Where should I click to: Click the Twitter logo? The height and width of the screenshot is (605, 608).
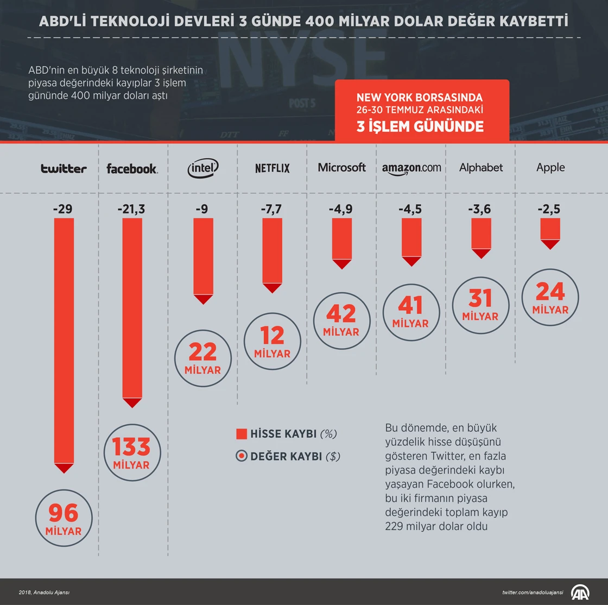[x=64, y=168]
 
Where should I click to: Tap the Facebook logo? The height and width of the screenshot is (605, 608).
[x=132, y=168]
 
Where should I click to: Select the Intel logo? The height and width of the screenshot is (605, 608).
[x=203, y=168]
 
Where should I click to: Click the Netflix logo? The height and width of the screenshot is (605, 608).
[x=273, y=168]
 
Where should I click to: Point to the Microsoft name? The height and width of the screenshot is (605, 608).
[x=342, y=167]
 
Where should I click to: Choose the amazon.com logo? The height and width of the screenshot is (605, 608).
[x=411, y=168]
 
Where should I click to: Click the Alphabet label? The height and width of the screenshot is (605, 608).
[x=481, y=167]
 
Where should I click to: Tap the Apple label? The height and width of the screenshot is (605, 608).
[x=550, y=167]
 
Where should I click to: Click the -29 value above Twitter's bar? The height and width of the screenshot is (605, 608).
[x=64, y=209]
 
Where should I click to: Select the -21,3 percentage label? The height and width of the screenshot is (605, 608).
[x=132, y=209]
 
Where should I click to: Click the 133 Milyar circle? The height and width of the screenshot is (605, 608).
[x=131, y=452]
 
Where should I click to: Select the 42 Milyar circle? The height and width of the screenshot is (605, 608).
[x=341, y=320]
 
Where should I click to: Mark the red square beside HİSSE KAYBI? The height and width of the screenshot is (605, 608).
[x=242, y=434]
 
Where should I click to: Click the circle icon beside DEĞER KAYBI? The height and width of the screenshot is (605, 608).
[x=242, y=456]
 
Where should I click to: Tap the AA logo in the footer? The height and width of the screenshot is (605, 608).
[x=581, y=591]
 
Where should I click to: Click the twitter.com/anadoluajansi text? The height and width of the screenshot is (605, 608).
[x=533, y=592]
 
